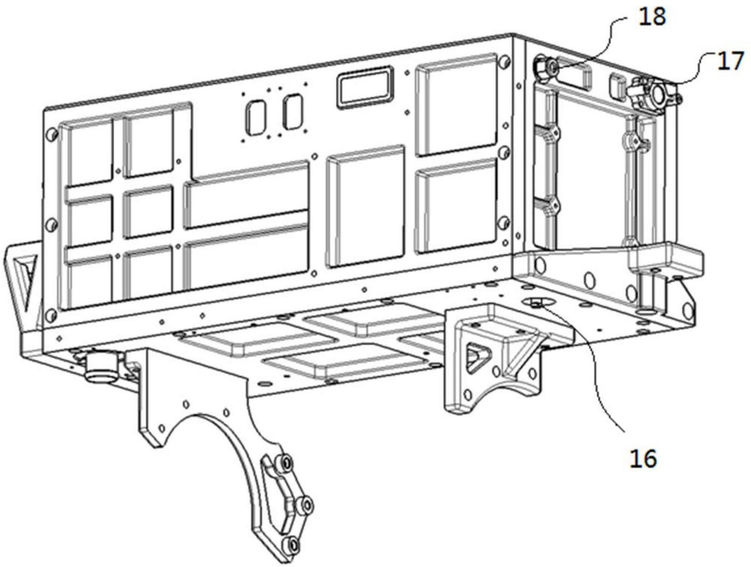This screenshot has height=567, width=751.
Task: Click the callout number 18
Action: pos(652,17)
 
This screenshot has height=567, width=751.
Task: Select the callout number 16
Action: pos(643,458)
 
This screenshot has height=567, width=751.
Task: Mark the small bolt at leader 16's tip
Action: pos(536,304)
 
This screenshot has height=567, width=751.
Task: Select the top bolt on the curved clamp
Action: pos(285,463)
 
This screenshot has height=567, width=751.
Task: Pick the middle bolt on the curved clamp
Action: pos(307,506)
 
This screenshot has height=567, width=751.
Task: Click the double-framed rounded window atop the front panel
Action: pos(365,87)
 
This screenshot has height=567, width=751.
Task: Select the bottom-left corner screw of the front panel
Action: pos(50,315)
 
